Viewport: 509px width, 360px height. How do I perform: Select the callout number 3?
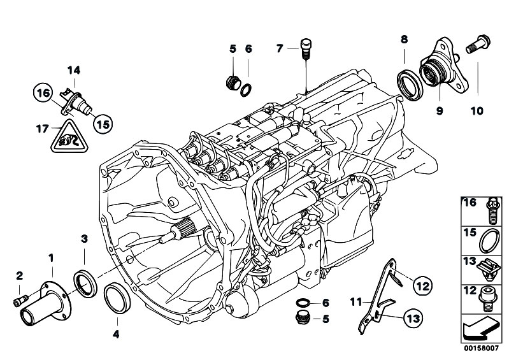(x=83, y=239)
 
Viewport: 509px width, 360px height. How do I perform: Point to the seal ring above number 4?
(x=115, y=298)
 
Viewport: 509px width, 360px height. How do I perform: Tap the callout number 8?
(x=403, y=40)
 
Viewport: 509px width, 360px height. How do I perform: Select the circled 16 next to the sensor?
(x=43, y=94)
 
